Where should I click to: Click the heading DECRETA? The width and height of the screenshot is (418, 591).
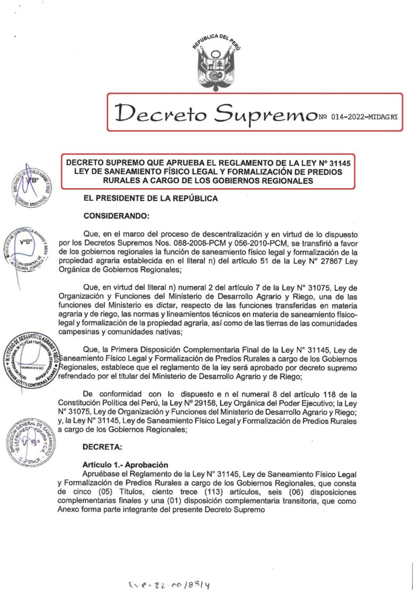tap(101, 447)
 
